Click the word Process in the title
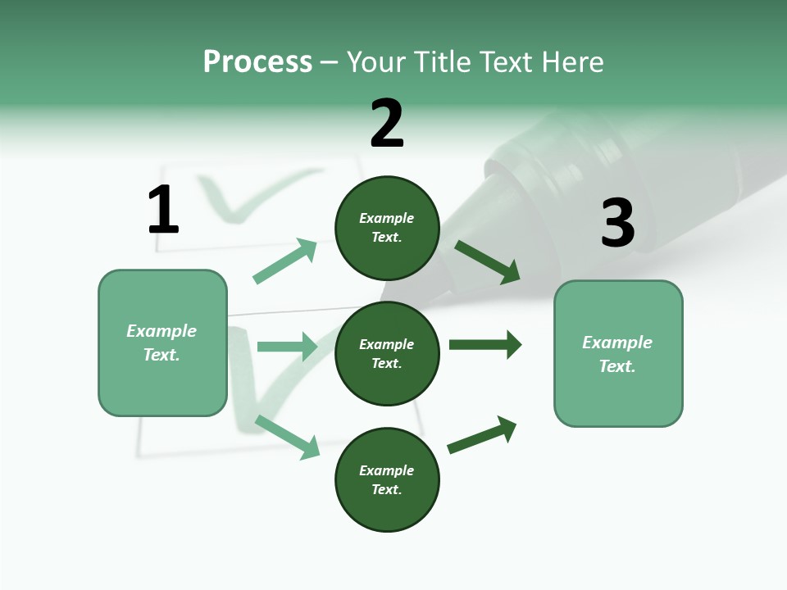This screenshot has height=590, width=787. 257,62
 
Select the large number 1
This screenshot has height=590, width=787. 163,210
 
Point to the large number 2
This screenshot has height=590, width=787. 387,124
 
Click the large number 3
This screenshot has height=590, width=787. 617,223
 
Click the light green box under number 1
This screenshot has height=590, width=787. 162,343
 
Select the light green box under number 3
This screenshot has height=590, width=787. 618,354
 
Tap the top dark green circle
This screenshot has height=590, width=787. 387,228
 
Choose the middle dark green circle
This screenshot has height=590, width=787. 387,354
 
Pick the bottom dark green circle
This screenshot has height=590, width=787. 387,480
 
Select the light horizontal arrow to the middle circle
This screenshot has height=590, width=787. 287,347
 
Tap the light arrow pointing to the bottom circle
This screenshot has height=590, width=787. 287,437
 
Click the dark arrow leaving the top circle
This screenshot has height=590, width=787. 487,262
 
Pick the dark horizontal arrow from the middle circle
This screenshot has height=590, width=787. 484,345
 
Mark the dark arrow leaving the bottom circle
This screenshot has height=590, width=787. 482,434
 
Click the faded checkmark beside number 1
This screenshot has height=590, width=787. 246,197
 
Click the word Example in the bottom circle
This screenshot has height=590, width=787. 387,470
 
